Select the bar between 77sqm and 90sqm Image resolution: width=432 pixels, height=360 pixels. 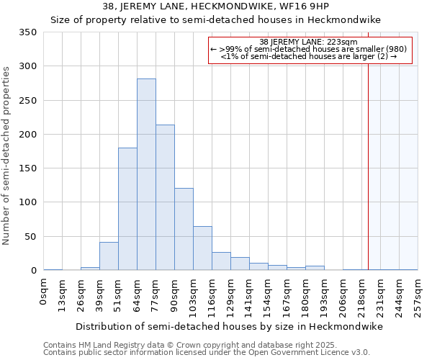[x=165, y=197]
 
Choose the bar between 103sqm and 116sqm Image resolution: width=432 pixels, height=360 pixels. [x=202, y=248]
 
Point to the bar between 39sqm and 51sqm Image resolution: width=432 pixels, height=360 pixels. [x=109, y=256]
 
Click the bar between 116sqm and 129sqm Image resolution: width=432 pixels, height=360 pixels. [x=221, y=261]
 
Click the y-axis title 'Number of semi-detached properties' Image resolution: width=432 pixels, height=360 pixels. [x=7, y=156]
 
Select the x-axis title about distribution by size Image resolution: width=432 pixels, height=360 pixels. [x=230, y=327]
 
